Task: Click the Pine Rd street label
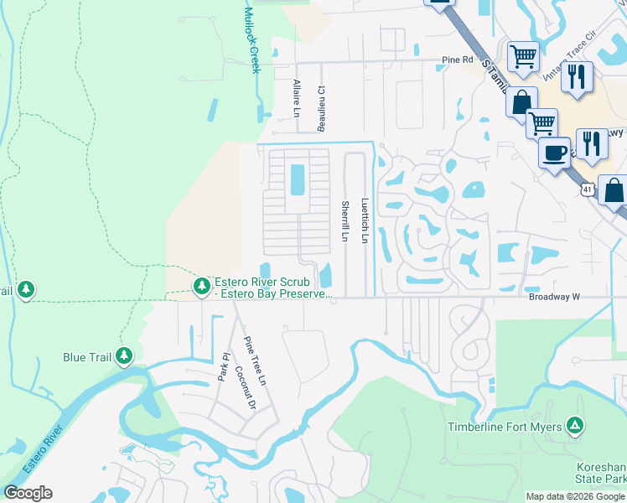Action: click(458, 60)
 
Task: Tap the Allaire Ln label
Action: click(296, 99)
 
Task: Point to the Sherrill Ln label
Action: click(345, 221)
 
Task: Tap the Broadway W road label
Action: click(554, 297)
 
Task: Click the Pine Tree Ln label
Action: click(254, 360)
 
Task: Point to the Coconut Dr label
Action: click(244, 388)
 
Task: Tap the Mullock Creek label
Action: click(251, 40)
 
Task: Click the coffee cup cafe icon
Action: click(554, 153)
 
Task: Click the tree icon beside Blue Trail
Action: click(124, 356)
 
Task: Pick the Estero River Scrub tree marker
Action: click(201, 287)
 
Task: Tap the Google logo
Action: click(28, 493)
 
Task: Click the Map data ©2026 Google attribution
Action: click(575, 496)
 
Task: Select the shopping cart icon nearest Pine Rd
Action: click(522, 56)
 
